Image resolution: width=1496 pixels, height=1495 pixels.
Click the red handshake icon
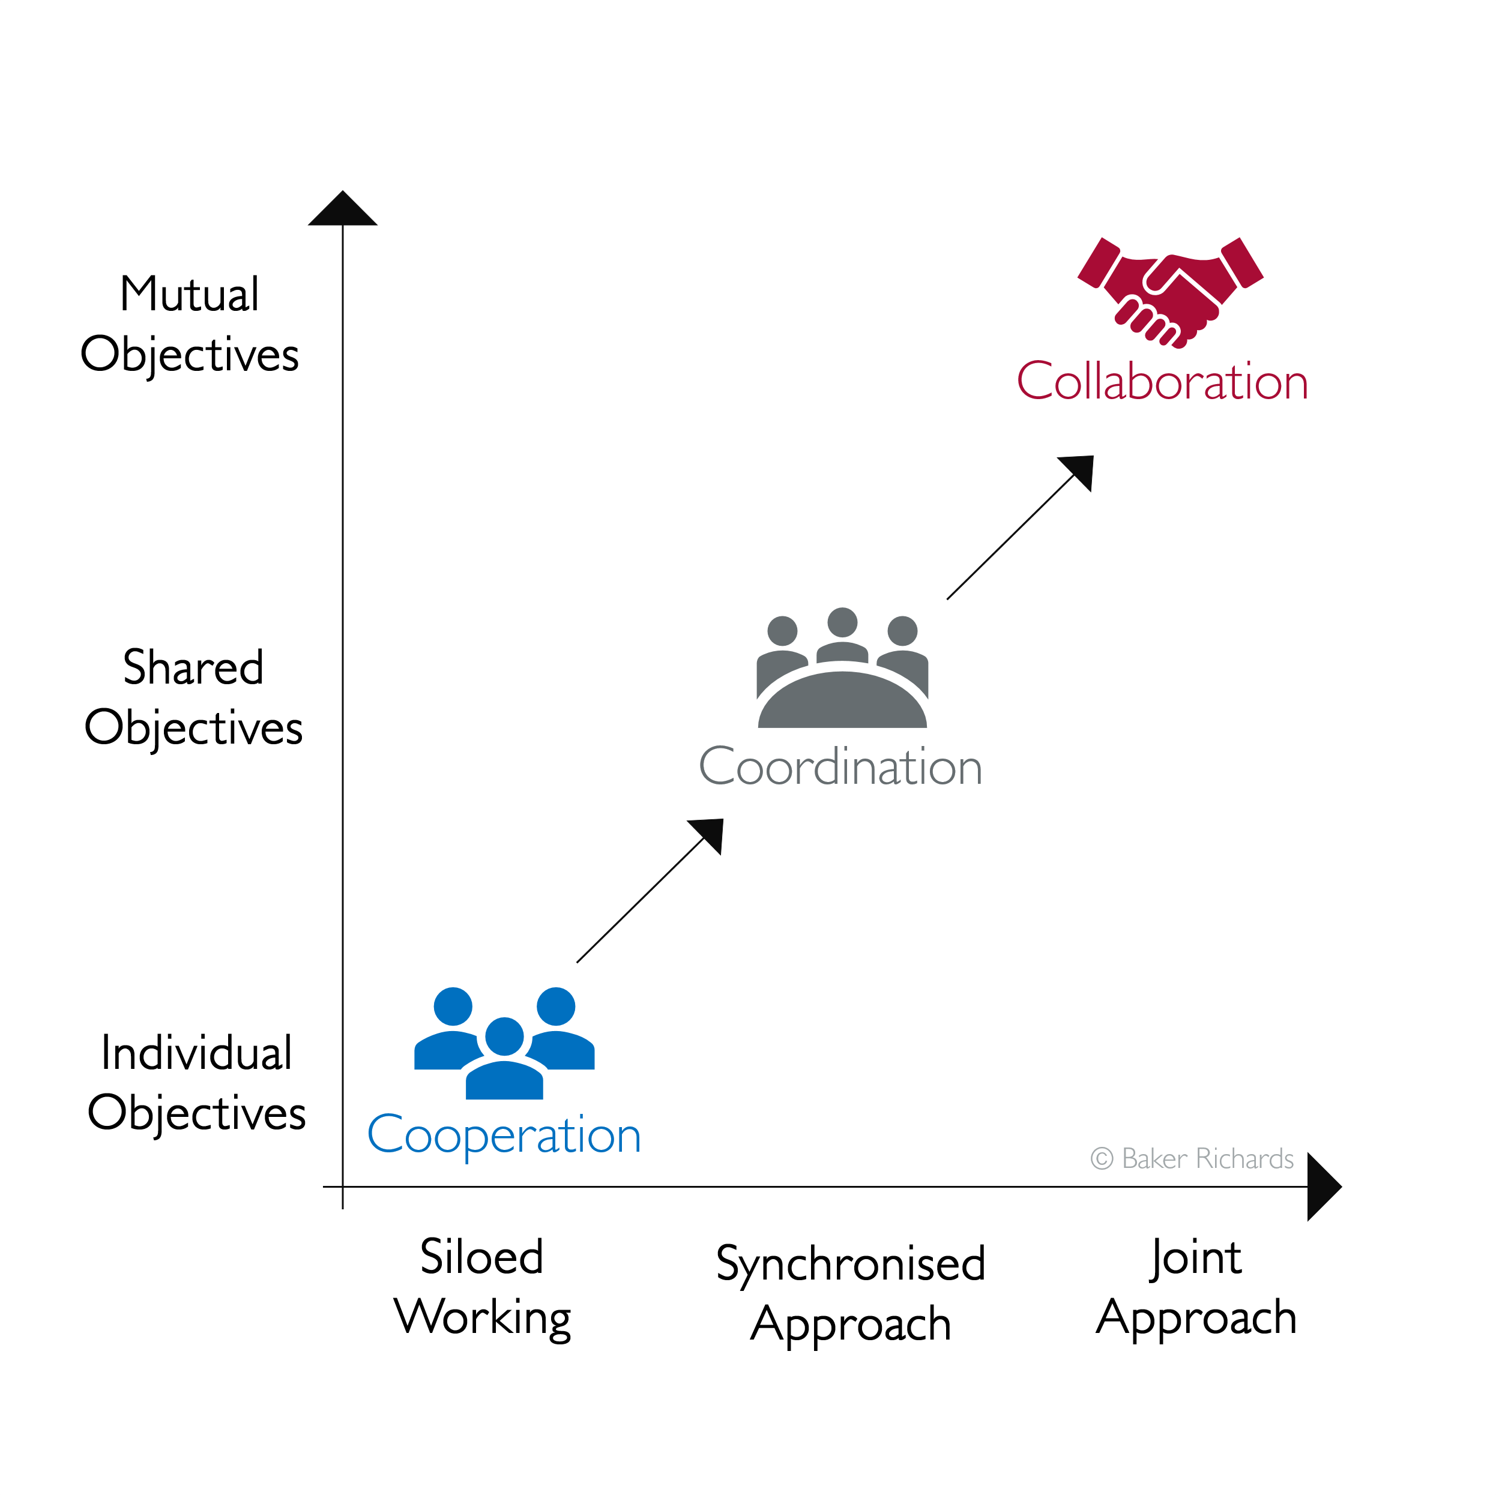tap(1170, 292)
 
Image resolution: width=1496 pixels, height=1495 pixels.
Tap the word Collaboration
tap(1162, 382)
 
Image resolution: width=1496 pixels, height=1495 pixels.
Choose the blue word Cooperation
tap(504, 1135)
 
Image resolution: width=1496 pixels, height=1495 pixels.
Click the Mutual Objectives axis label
tap(190, 325)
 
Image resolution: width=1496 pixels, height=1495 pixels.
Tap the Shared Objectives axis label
tap(193, 697)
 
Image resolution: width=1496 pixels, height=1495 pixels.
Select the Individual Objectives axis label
tap(197, 1083)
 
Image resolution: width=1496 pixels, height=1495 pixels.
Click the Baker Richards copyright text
tap(1192, 1159)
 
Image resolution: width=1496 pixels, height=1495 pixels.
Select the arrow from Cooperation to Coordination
tap(650, 891)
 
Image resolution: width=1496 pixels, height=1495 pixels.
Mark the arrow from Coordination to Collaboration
tap(1021, 527)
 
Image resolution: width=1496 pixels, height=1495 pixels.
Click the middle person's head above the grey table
tap(842, 622)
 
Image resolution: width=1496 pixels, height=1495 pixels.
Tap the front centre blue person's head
tap(505, 1036)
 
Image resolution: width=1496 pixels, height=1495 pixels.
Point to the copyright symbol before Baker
tap(1102, 1159)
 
